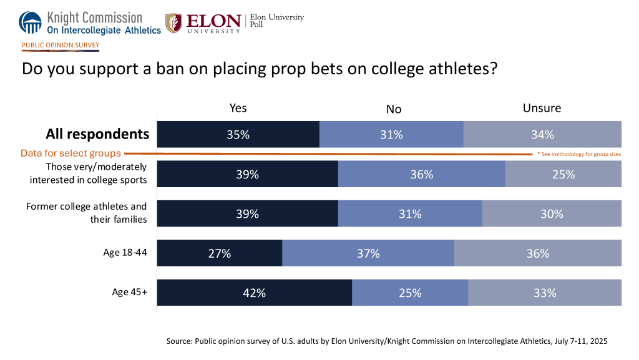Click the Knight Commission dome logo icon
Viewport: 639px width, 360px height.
[31, 22]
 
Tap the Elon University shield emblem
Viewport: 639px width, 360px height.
[173, 22]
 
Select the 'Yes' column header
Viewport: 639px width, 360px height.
[238, 108]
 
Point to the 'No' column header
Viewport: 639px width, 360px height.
[393, 109]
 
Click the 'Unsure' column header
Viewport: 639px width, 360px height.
[542, 108]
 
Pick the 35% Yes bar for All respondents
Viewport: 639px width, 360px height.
[238, 134]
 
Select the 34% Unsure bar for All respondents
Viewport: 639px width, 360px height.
[542, 134]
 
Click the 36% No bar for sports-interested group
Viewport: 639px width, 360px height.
[421, 175]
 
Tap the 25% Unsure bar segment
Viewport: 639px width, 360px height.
[563, 175]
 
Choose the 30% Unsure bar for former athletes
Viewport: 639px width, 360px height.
[552, 213]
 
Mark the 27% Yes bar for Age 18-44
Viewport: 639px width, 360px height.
[220, 253]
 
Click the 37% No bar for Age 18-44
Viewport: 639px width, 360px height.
[368, 253]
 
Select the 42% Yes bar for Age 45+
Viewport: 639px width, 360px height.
[255, 293]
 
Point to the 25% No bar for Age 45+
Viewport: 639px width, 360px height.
[410, 293]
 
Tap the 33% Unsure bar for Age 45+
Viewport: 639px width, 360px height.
[545, 293]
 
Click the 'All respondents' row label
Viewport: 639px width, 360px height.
[97, 134]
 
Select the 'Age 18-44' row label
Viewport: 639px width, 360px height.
[125, 253]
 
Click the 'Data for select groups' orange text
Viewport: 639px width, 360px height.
[71, 153]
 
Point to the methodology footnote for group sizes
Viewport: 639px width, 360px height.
[578, 154]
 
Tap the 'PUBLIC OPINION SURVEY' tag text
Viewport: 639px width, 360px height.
[61, 45]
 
